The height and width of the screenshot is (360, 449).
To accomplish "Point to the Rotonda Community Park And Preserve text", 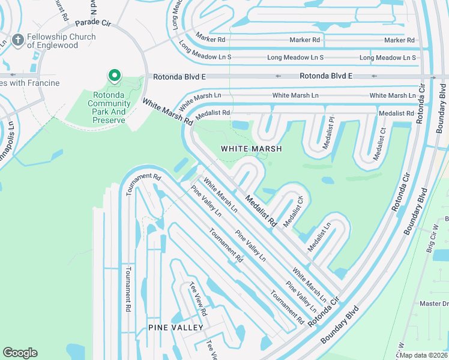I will [109, 103].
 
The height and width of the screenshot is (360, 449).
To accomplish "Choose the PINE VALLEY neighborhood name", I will [176, 328].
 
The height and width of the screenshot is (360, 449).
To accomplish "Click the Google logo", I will [20, 353].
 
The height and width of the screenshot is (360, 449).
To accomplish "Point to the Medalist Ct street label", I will [379, 143].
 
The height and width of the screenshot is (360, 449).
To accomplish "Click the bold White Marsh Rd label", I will [167, 112].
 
